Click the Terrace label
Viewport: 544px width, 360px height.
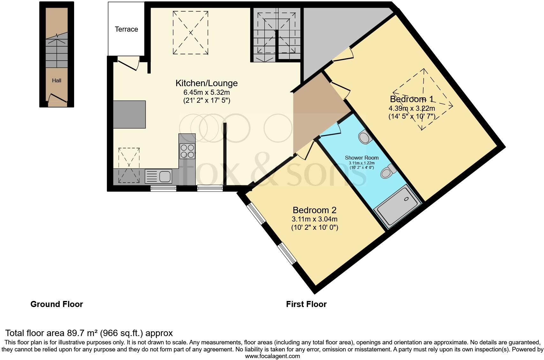[x=126, y=29]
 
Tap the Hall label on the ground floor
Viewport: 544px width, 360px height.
[x=57, y=80]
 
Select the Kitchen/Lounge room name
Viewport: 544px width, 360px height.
[x=207, y=83]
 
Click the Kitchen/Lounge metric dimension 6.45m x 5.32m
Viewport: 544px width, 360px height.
[x=207, y=93]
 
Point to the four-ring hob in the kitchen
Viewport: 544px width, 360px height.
[x=187, y=151]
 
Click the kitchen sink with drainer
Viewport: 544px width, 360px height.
[x=158, y=176]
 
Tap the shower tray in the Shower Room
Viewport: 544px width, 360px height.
[x=397, y=206]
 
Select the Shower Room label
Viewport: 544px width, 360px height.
[x=362, y=158]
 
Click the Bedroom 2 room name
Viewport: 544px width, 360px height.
[x=314, y=210]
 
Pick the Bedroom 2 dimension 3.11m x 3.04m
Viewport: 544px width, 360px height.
[x=314, y=219]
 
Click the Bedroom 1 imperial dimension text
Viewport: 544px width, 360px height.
[x=412, y=116]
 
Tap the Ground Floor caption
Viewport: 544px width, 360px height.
[x=57, y=304]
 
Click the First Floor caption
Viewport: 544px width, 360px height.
[x=306, y=304]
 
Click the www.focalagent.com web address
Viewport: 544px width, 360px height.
[x=273, y=356]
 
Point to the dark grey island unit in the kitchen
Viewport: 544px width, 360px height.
[x=129, y=114]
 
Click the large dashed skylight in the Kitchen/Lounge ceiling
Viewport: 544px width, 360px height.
[x=190, y=33]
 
